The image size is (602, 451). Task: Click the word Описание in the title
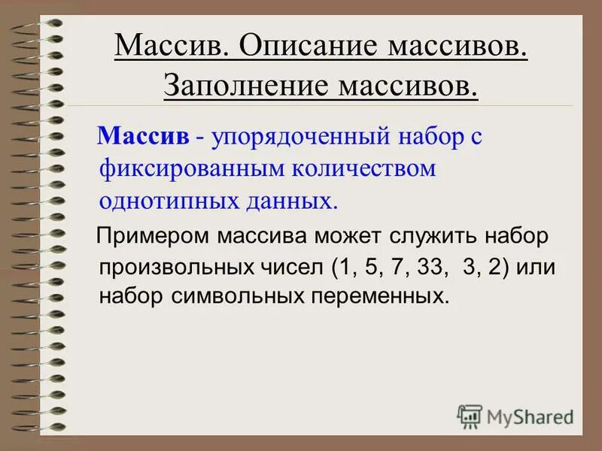point(310,47)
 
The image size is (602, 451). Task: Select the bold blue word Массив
point(143,137)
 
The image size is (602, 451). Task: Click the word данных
point(284,200)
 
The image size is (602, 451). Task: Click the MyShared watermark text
point(531,416)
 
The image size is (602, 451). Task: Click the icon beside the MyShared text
point(470,416)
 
